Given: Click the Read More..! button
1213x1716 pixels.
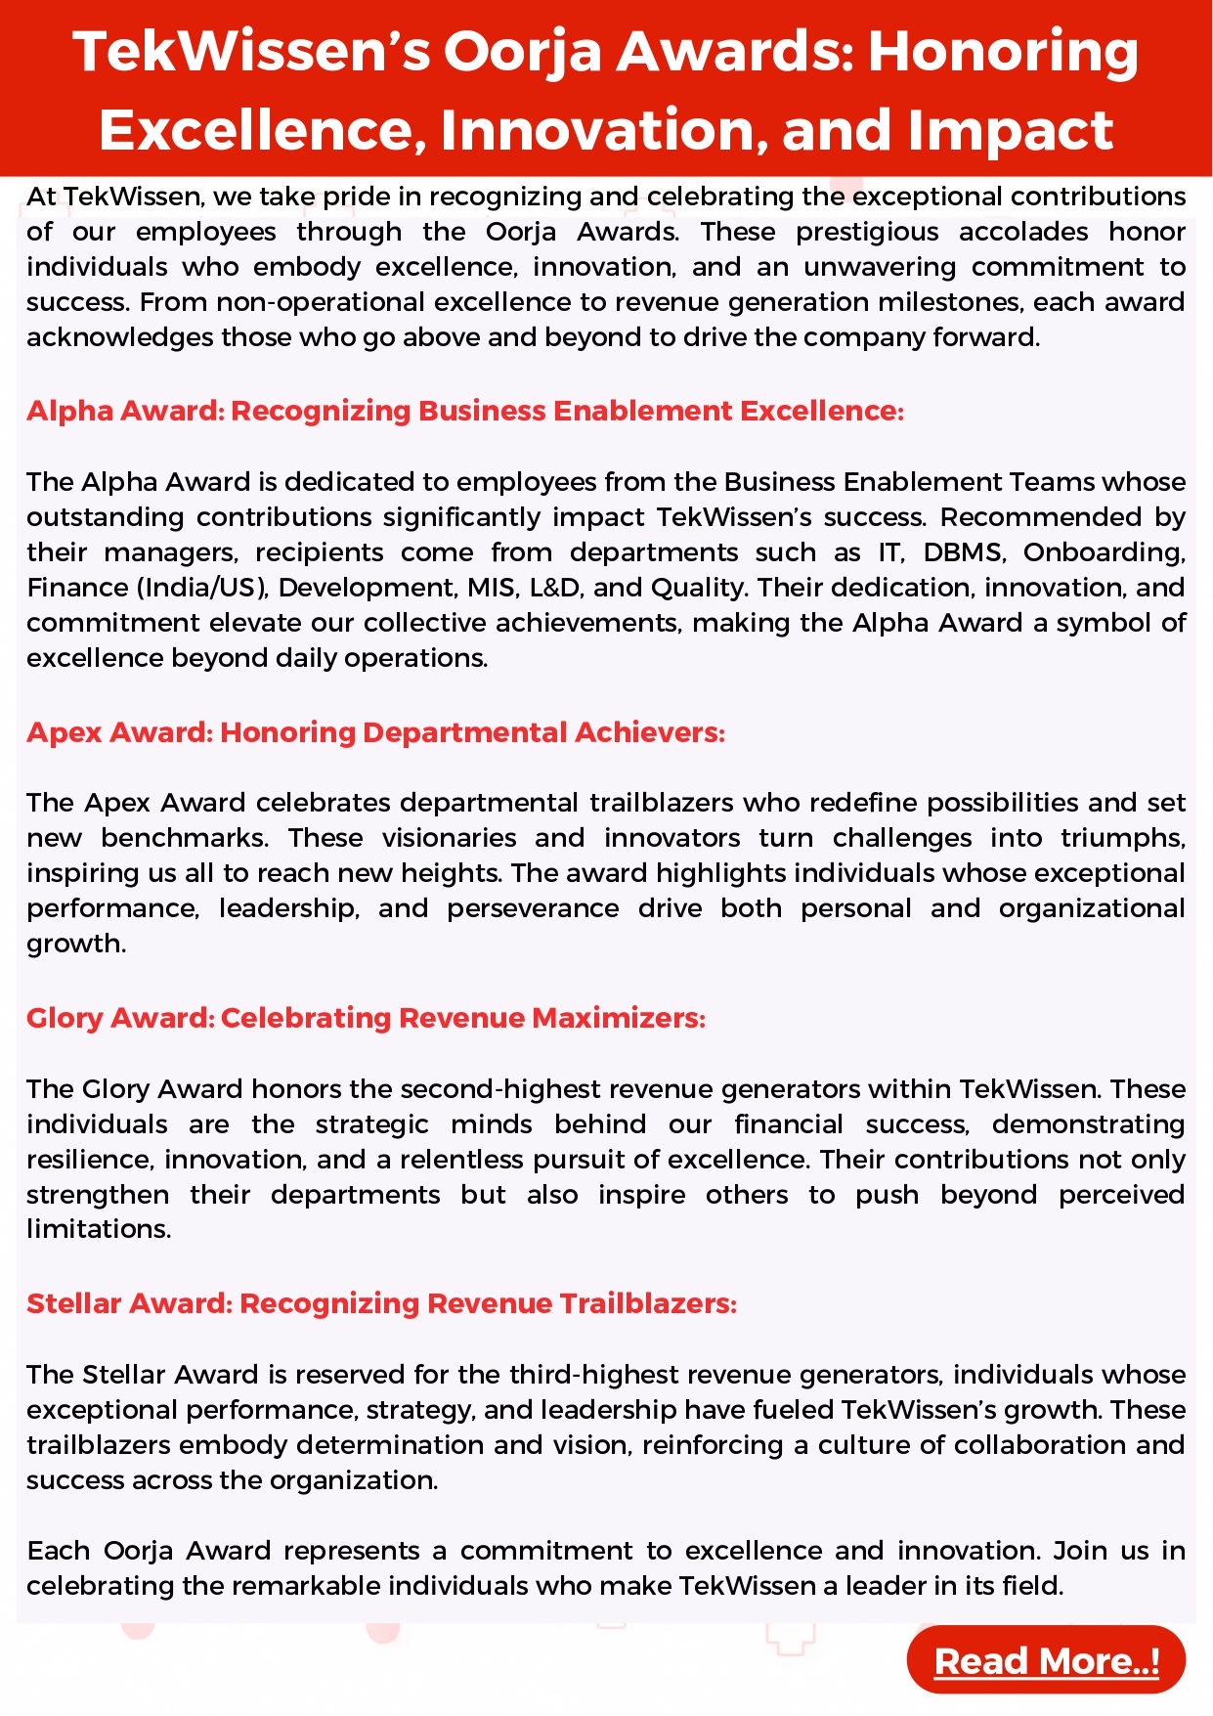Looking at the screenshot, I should coord(1046,1660).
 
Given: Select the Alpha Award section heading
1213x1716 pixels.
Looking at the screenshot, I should coord(464,411).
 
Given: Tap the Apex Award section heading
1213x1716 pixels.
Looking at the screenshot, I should coord(375,732).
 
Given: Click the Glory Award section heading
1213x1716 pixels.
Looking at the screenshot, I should coord(366,1018).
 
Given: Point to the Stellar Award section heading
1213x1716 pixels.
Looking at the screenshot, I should coord(381,1303).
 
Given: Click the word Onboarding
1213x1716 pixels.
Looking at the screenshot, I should coord(1104,552).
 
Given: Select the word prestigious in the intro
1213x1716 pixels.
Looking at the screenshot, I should coord(867,232).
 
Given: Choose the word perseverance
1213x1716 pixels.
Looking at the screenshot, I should coord(533,908).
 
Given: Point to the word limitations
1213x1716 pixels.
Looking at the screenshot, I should coord(98,1229).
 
